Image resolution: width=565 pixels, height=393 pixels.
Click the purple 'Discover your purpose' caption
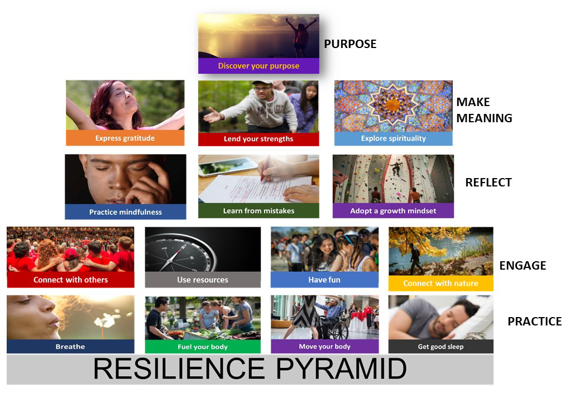(x=258, y=66)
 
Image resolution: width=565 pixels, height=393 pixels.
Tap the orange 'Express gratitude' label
(x=125, y=138)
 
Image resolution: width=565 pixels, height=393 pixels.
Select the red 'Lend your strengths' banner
(x=258, y=139)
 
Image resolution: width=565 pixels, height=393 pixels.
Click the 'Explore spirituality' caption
(x=393, y=138)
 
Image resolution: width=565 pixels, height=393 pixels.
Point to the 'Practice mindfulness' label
(x=126, y=212)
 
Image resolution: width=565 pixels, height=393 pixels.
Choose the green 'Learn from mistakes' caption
(x=258, y=211)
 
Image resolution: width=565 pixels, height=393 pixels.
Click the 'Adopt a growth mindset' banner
(x=393, y=211)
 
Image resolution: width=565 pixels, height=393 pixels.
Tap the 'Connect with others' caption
(x=70, y=280)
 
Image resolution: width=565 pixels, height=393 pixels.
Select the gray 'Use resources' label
(x=203, y=280)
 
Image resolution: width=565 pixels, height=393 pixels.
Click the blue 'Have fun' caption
(x=324, y=280)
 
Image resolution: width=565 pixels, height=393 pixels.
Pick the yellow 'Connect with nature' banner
(x=440, y=283)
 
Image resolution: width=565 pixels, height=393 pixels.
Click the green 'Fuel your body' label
(x=203, y=347)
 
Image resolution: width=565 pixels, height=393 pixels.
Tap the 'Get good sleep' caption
(x=440, y=347)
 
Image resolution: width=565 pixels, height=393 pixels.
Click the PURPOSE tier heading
(x=350, y=44)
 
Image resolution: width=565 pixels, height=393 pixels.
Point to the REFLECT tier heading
(x=489, y=183)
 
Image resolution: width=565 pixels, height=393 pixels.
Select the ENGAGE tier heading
(x=523, y=266)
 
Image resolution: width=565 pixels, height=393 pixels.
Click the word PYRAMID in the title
(x=339, y=369)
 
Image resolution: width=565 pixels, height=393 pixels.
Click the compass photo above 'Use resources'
(x=203, y=249)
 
